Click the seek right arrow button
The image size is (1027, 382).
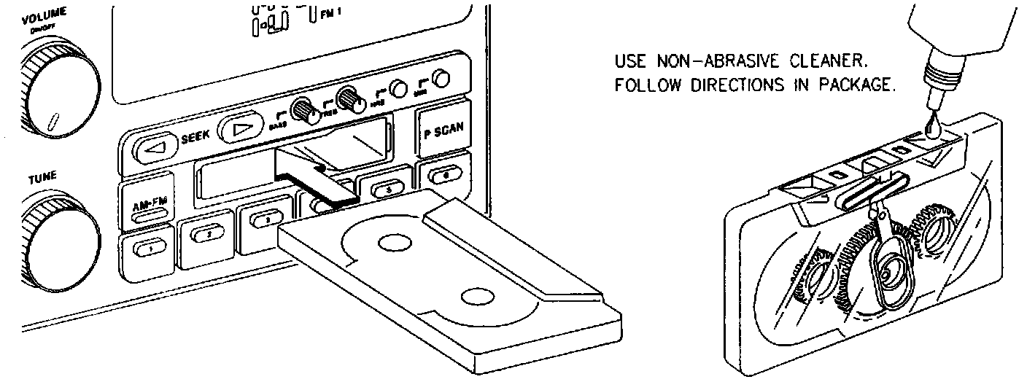(241, 130)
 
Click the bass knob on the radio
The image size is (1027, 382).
(302, 111)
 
